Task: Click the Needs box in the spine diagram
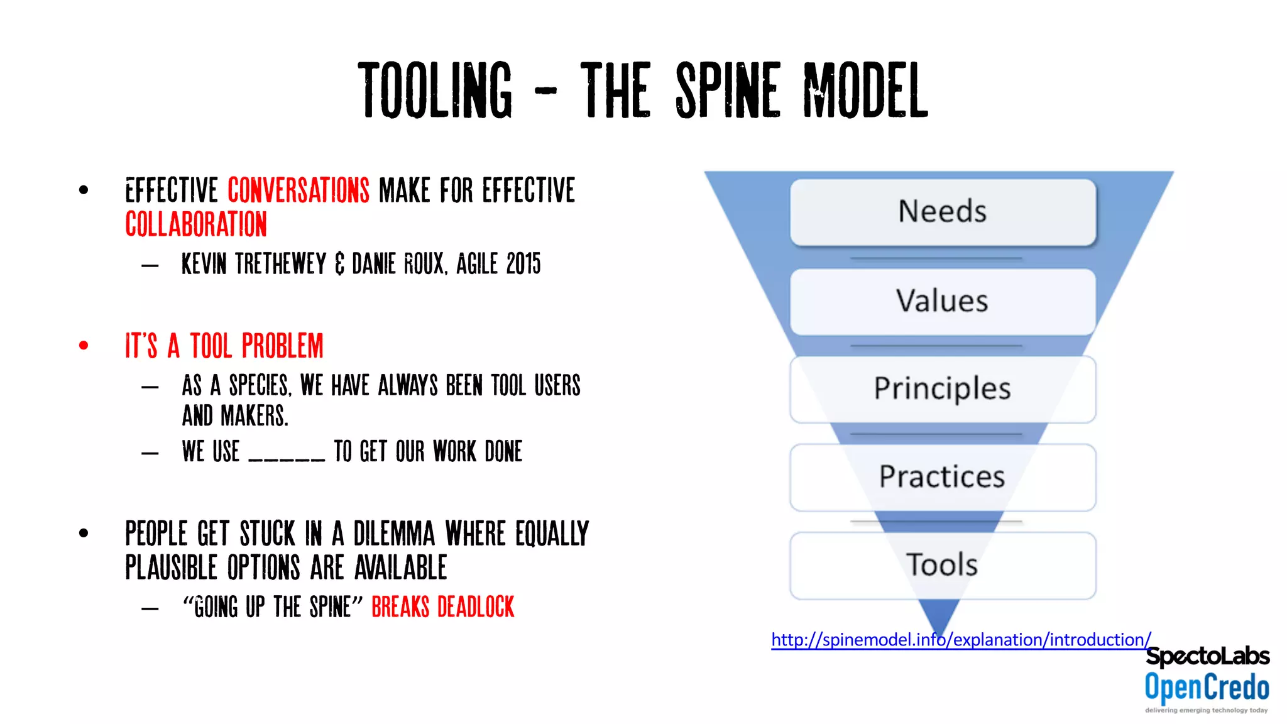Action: pos(943,212)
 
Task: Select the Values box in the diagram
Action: pos(943,301)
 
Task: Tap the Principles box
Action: pos(943,389)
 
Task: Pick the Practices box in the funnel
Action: pos(943,477)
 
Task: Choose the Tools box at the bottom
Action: pos(943,565)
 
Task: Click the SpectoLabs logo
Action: pos(1207,656)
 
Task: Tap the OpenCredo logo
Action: pos(1207,688)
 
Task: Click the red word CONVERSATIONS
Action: pos(298,190)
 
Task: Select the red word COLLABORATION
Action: pos(196,224)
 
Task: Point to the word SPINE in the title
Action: pos(728,91)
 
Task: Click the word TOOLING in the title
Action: pos(435,91)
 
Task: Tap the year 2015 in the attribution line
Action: pos(523,264)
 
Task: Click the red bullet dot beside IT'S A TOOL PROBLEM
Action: pos(84,345)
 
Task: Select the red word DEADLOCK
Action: pos(476,607)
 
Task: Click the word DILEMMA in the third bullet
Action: pos(394,534)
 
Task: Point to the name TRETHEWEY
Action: pos(281,264)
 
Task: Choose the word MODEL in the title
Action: pos(866,91)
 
